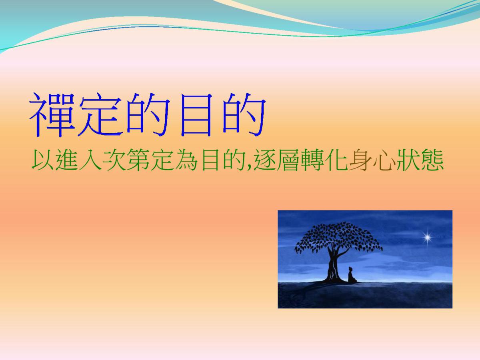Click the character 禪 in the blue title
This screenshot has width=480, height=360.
(52, 115)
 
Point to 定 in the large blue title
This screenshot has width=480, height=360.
(100, 115)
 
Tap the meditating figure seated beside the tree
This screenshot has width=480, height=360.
(352, 276)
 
